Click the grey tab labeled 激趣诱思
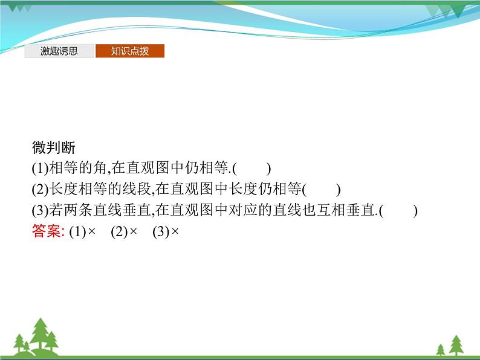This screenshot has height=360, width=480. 59,51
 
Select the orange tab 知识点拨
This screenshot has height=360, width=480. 129,51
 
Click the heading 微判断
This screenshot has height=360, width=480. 53,147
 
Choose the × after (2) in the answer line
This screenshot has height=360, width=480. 134,232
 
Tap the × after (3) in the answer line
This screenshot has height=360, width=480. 176,232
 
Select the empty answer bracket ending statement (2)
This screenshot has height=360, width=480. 321,190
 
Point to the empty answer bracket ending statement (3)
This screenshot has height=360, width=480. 400,211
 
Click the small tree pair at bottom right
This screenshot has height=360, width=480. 447,346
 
